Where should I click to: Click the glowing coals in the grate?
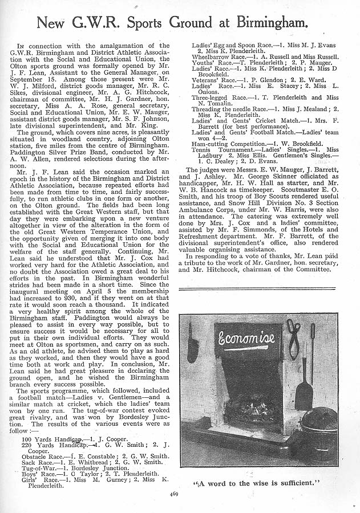246,408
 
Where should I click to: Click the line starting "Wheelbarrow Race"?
265,56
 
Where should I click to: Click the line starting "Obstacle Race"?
95,457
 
